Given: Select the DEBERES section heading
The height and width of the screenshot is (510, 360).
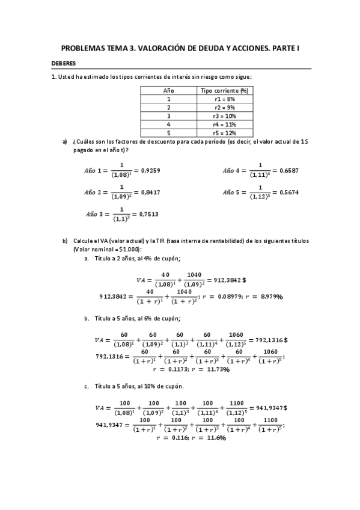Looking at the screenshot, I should click(64, 64).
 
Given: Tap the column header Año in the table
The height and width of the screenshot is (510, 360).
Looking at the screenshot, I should click(169, 90).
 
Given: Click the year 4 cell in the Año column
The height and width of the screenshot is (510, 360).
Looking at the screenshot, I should click(169, 124).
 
